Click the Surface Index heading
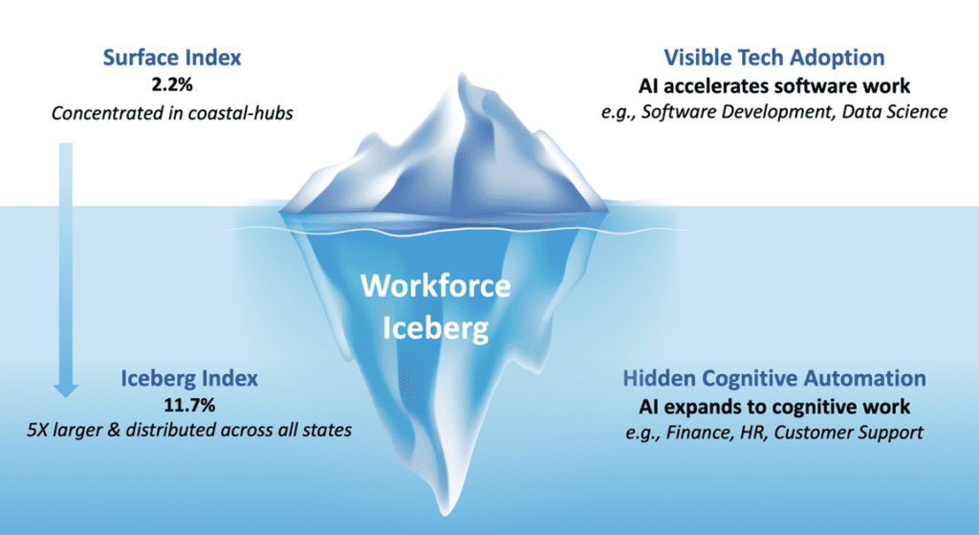pyautogui.click(x=172, y=57)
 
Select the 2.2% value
pyautogui.click(x=172, y=84)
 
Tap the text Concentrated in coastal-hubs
pyautogui.click(x=172, y=113)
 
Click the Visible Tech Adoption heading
pyautogui.click(x=774, y=57)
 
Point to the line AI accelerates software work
pyautogui.click(x=774, y=85)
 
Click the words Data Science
pyautogui.click(x=895, y=112)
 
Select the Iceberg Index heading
pyautogui.click(x=189, y=378)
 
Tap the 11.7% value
pyautogui.click(x=189, y=405)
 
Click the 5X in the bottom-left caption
pyautogui.click(x=37, y=430)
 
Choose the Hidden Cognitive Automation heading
pyautogui.click(x=774, y=378)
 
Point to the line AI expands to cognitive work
pyautogui.click(x=774, y=407)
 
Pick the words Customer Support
pyautogui.click(x=849, y=433)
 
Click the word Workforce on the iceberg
pyautogui.click(x=436, y=286)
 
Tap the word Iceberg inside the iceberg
pyautogui.click(x=436, y=328)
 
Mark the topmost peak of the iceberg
pyautogui.click(x=463, y=74)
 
